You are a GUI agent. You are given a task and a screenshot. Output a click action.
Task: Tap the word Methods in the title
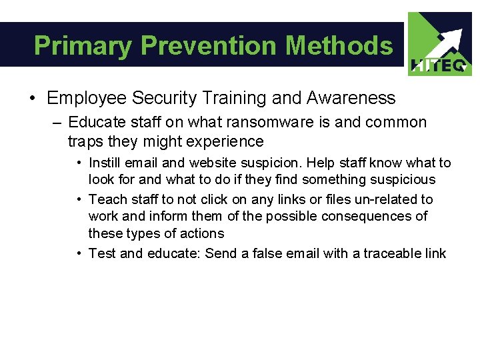pos(339,46)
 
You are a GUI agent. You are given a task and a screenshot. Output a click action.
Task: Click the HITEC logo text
pos(441,65)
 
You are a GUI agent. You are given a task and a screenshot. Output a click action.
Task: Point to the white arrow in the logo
pos(445,41)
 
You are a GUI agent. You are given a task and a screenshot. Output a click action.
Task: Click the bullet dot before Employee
pos(33,99)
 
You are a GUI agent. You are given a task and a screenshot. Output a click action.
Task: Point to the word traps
pos(84,141)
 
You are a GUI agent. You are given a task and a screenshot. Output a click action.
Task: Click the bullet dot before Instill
pos(79,163)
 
